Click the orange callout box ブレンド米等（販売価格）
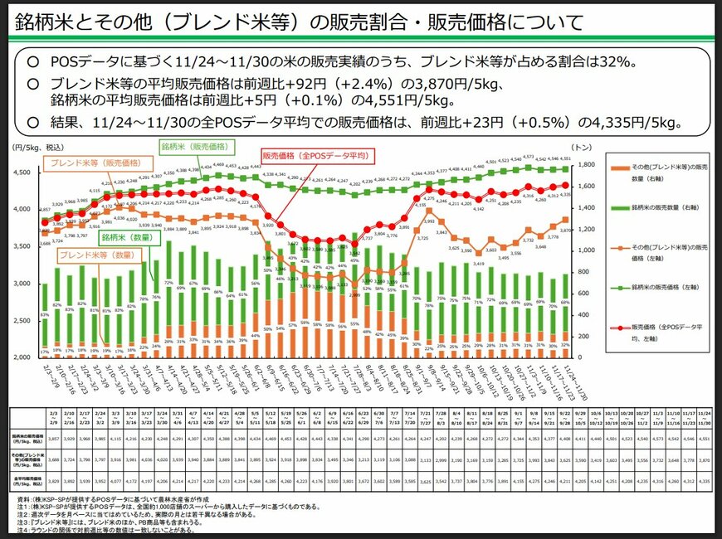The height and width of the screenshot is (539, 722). click(x=85, y=164)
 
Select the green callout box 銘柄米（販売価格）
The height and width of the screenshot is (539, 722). click(x=196, y=147)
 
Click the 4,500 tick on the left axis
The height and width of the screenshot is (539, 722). click(x=22, y=172)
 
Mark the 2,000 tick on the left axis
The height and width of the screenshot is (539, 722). click(x=22, y=357)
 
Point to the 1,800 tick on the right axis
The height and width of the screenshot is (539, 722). click(x=582, y=165)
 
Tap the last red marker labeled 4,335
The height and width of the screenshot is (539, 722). click(x=565, y=185)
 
